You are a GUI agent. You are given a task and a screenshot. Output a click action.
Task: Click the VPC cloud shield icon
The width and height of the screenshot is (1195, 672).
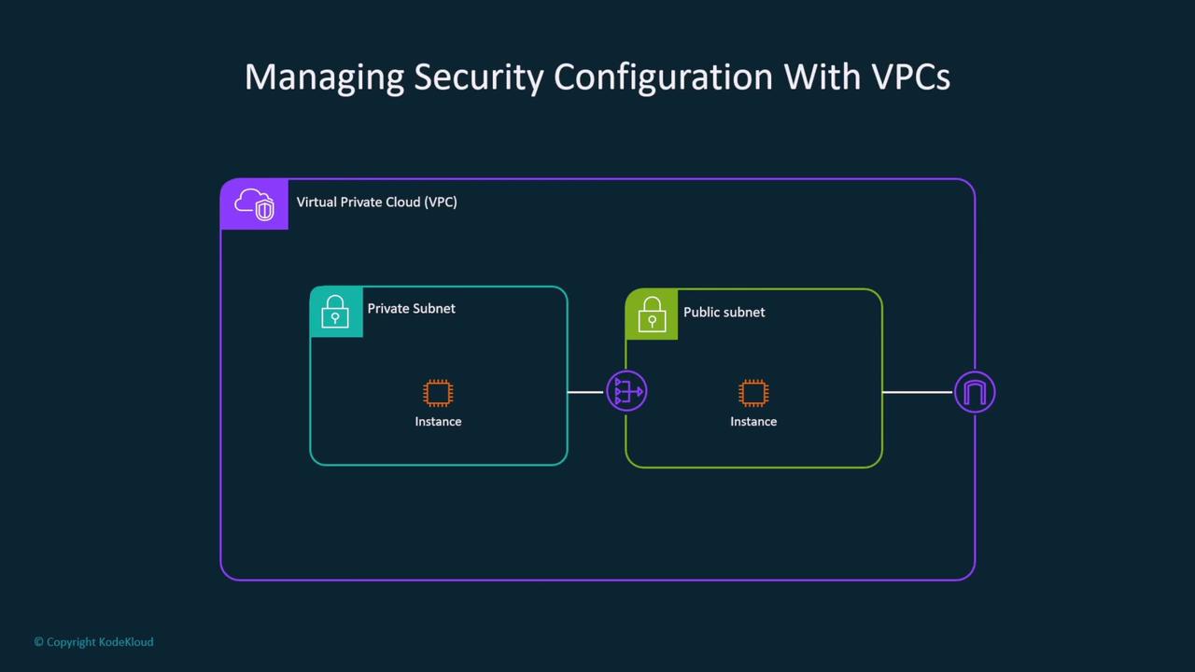pyautogui.click(x=254, y=203)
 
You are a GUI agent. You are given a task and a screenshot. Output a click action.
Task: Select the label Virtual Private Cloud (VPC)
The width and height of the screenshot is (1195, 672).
pyautogui.click(x=376, y=202)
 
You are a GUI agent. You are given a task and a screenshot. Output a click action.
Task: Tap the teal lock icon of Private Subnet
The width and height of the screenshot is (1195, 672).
pyautogui.click(x=335, y=312)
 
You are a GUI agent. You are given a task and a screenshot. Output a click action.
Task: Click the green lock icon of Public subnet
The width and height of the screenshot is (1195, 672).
pyautogui.click(x=651, y=314)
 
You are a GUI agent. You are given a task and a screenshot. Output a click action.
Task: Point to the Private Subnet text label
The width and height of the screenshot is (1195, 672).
pyautogui.click(x=411, y=308)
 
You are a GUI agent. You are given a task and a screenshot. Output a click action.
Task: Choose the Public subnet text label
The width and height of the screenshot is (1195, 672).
pyautogui.click(x=724, y=312)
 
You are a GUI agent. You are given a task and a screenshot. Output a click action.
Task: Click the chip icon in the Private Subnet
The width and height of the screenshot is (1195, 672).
pyautogui.click(x=438, y=393)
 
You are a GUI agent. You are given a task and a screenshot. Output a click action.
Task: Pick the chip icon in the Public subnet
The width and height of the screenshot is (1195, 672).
pyautogui.click(x=753, y=393)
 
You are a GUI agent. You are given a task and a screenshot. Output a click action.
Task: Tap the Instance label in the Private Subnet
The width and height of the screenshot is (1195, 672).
pyautogui.click(x=438, y=422)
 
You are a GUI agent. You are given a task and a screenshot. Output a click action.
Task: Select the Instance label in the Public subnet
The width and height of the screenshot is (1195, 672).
pyautogui.click(x=753, y=422)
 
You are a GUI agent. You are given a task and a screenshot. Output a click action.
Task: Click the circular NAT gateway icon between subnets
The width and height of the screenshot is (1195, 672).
pyautogui.click(x=626, y=391)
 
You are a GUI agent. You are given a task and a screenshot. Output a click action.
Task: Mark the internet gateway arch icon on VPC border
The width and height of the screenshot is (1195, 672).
pyautogui.click(x=975, y=392)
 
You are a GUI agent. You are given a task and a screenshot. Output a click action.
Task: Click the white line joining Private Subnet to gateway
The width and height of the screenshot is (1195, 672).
pyautogui.click(x=586, y=392)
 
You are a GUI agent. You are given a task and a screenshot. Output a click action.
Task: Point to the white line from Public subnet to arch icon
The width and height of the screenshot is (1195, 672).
pyautogui.click(x=917, y=392)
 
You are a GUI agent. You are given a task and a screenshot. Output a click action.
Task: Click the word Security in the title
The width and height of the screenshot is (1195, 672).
pyautogui.click(x=478, y=77)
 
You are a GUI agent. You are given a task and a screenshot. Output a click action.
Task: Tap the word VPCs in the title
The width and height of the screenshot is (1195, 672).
pyautogui.click(x=911, y=77)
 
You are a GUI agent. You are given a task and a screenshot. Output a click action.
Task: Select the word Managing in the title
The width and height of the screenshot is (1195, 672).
pyautogui.click(x=324, y=77)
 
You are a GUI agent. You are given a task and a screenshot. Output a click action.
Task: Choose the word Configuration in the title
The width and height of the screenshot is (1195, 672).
pyautogui.click(x=663, y=77)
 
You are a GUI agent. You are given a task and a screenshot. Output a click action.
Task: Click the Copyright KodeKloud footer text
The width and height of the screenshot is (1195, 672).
pyautogui.click(x=93, y=642)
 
